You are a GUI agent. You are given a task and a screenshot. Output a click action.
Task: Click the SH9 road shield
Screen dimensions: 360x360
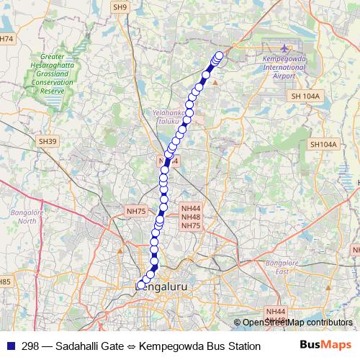point(120,6)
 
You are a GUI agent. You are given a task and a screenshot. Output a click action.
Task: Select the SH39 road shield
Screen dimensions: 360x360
point(48,142)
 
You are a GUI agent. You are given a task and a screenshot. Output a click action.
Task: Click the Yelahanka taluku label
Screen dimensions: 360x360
point(170,117)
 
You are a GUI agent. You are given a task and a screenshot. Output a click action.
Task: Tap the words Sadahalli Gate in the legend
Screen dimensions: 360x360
point(96,346)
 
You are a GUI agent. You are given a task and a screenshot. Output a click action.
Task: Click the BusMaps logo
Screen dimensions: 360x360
point(326,346)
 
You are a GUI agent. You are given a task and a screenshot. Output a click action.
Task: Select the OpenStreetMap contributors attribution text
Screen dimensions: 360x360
point(296,323)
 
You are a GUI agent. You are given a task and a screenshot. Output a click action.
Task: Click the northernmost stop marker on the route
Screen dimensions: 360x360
point(220,55)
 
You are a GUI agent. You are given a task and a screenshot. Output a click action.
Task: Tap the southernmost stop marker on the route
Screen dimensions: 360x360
point(140,285)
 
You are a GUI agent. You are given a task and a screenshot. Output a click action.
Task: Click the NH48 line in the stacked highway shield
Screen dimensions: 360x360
point(191,217)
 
